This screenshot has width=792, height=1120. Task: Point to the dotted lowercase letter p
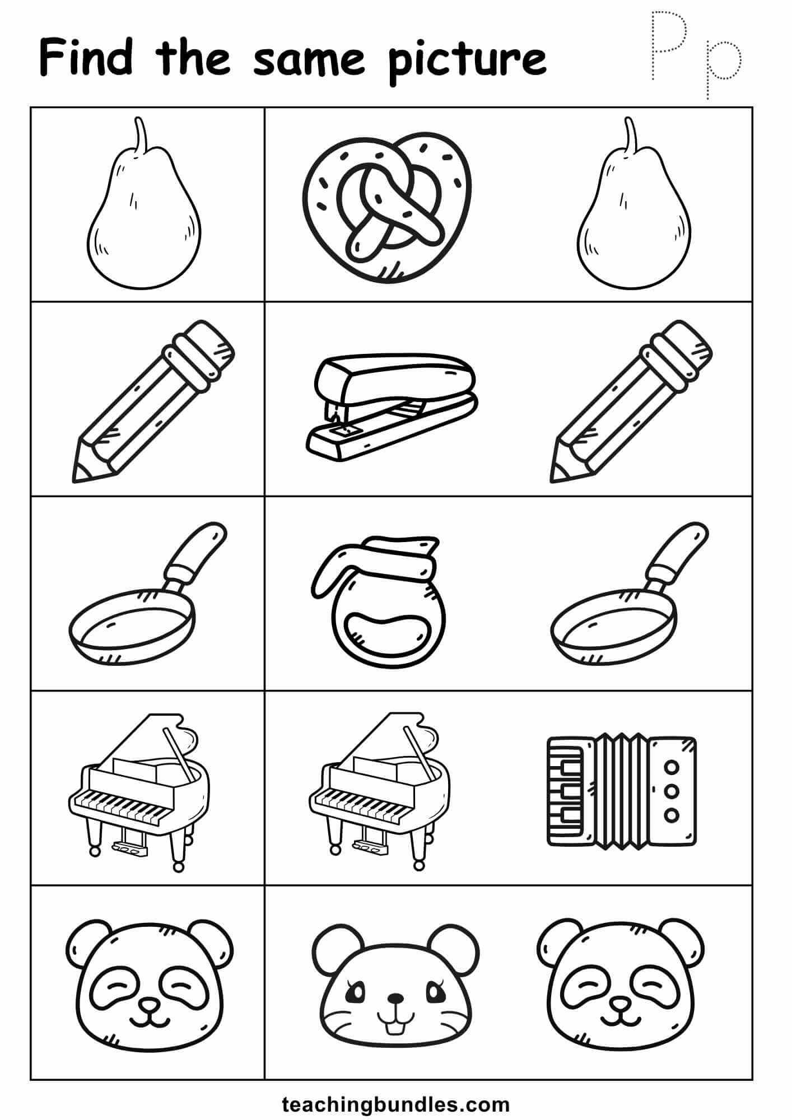point(722,67)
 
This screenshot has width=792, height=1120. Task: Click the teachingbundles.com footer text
point(396,1102)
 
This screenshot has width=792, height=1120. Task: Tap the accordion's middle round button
point(673,790)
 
